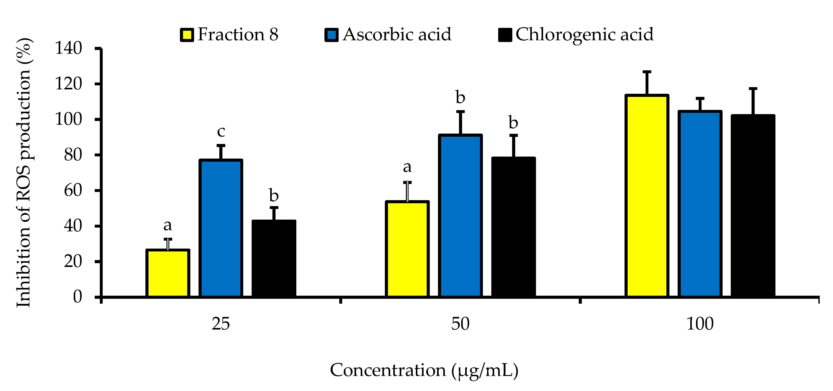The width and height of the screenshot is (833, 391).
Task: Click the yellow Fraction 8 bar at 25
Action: pyautogui.click(x=168, y=273)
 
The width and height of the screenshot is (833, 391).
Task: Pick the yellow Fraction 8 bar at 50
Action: pyautogui.click(x=407, y=249)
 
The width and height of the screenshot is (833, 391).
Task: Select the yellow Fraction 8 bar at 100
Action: pyautogui.click(x=647, y=196)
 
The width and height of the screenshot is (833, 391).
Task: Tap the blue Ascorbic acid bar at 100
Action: pyautogui.click(x=700, y=204)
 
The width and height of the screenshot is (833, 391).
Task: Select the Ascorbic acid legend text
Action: pyautogui.click(x=397, y=34)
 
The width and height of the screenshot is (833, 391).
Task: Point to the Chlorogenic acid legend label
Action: pyautogui.click(x=584, y=34)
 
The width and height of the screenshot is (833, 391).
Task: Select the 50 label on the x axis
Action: pyautogui.click(x=460, y=324)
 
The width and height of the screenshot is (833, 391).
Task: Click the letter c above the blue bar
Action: pyautogui.click(x=221, y=131)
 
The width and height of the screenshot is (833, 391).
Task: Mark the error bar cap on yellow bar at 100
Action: pyautogui.click(x=647, y=72)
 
